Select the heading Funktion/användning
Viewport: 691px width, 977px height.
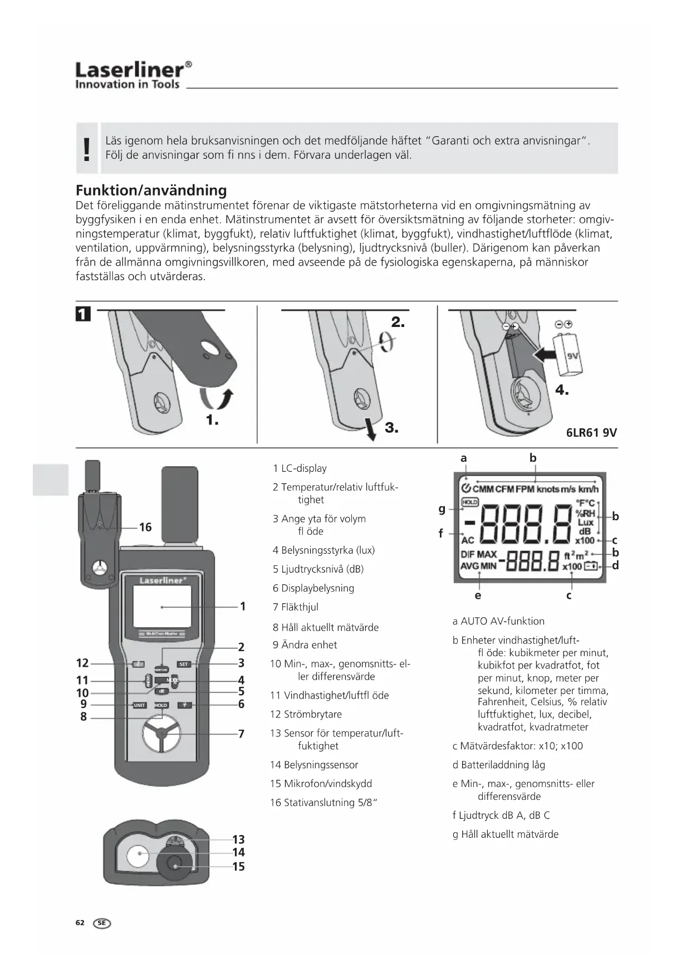[x=151, y=190]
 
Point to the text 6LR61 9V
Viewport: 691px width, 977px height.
[x=591, y=433]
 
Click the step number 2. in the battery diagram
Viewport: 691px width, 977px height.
[x=398, y=322]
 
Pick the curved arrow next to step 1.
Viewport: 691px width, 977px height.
[x=216, y=399]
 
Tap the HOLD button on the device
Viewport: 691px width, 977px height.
[x=161, y=705]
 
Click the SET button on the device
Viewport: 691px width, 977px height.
[x=184, y=665]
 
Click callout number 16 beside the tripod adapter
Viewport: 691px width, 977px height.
[x=145, y=527]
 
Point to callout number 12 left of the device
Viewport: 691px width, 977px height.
[x=82, y=663]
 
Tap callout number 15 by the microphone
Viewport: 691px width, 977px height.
[x=238, y=867]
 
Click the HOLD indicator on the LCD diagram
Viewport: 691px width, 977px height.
[x=470, y=502]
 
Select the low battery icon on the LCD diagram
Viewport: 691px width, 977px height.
[x=590, y=566]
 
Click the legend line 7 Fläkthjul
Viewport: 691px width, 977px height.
[x=295, y=607]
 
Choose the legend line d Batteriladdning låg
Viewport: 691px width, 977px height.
[x=498, y=765]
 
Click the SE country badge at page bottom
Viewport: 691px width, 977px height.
[x=102, y=923]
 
